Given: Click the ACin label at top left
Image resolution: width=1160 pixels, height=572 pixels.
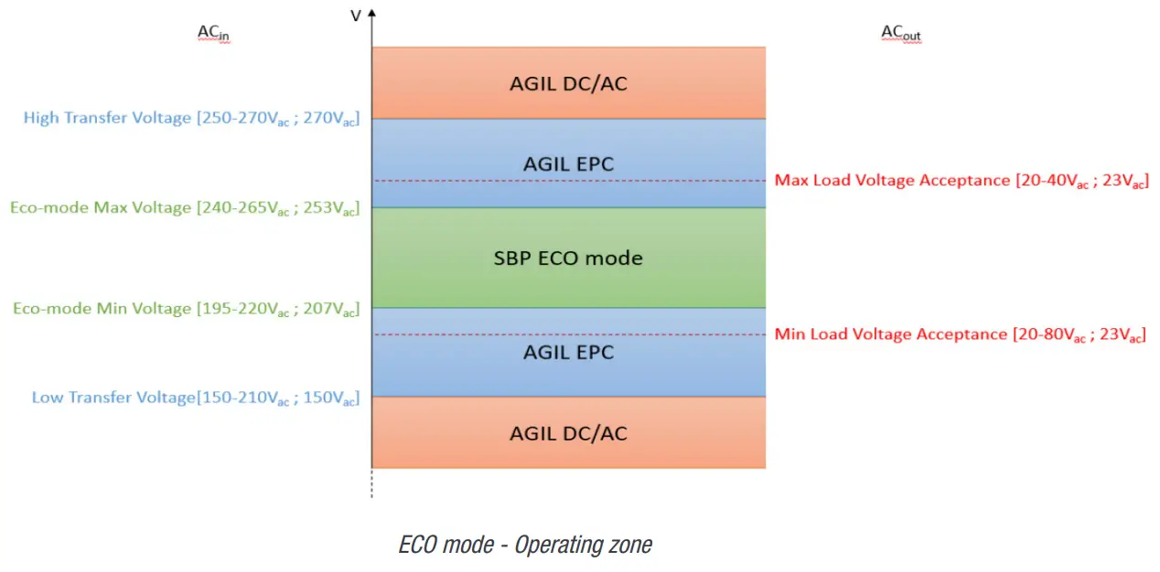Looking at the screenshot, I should tap(214, 34).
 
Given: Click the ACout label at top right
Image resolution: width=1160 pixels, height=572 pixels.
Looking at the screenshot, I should tap(900, 34).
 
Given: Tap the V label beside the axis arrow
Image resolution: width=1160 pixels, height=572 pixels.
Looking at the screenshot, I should tap(356, 15).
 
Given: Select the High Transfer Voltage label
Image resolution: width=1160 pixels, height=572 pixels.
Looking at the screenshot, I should tap(191, 118).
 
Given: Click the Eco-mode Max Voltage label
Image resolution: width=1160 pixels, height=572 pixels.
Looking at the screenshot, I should tap(185, 208).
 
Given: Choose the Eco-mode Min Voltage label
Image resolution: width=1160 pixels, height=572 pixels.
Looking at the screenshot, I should tap(186, 309).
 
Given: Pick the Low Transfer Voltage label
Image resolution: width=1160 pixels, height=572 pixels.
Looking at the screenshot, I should tap(196, 397).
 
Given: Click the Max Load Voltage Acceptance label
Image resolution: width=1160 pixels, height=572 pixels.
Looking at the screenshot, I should tap(961, 181).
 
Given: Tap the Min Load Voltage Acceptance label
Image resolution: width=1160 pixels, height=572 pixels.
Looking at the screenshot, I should tap(960, 334).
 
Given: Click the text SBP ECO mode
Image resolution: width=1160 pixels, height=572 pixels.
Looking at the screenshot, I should tap(568, 259).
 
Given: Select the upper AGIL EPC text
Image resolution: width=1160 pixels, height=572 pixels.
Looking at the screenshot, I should tap(568, 164).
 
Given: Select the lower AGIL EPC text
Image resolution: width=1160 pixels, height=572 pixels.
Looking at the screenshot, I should tap(568, 353).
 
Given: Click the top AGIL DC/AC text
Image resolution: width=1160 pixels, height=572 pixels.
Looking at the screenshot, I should tap(568, 84).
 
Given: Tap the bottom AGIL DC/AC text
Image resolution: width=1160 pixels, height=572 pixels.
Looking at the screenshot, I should tap(568, 433).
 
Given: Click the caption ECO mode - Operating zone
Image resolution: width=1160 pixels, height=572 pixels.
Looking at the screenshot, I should tap(525, 546).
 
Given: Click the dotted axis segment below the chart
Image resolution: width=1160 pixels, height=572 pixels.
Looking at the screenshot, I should tap(371, 483).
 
